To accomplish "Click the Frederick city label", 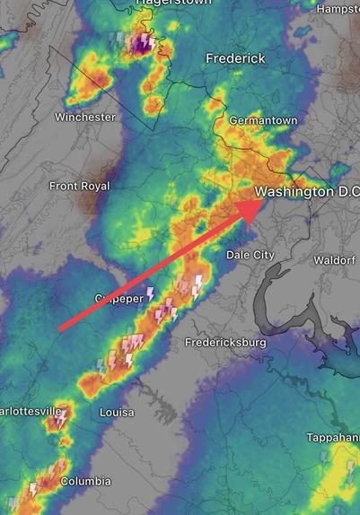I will [x=235, y=58].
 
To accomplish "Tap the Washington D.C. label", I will [x=306, y=192].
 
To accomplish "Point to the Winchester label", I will [x=84, y=118].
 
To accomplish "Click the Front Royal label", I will [x=79, y=186].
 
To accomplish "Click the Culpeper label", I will [x=118, y=298].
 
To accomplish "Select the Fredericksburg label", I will [x=225, y=343].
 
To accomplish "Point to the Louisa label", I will [x=117, y=413].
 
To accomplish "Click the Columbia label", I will [x=85, y=482].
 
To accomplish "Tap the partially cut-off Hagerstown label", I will [x=173, y=4].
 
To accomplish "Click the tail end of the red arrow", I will [x=60, y=330].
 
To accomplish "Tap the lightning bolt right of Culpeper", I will [x=151, y=293].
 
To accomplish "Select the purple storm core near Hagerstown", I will [x=141, y=43].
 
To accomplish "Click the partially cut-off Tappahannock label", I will [x=337, y=437].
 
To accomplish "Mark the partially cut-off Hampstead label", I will [x=338, y=8].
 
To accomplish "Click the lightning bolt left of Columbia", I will [x=34, y=490].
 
